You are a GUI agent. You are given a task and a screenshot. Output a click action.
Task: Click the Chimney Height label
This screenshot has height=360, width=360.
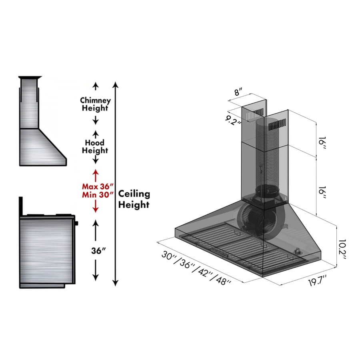click(95, 104)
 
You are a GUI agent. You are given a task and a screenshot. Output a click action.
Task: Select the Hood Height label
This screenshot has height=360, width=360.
click(95, 146)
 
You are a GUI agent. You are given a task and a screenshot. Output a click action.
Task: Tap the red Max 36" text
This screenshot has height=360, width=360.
click(98, 186)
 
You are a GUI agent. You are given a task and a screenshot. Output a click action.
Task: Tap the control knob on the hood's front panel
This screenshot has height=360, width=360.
click(298, 251)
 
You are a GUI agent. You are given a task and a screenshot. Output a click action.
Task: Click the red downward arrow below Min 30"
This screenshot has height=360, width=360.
click(95, 207)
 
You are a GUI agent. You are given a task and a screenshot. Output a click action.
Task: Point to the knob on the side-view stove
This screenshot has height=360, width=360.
click(76, 222)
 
